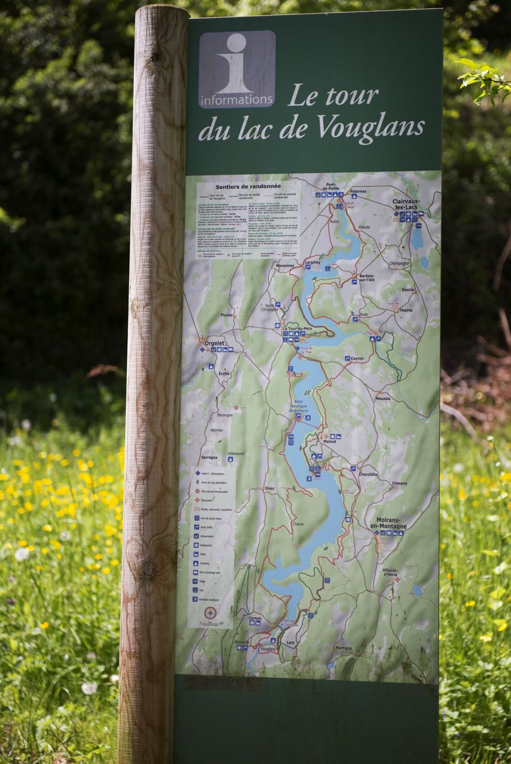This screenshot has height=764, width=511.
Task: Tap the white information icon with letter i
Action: [237, 69]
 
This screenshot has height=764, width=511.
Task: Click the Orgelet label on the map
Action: [215, 343]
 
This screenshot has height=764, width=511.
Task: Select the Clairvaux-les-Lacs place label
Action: [409, 205]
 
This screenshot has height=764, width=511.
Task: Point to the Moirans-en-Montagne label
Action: [388, 523]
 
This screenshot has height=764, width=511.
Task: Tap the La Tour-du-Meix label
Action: [297, 328]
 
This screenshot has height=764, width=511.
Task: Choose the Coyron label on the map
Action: [357, 359]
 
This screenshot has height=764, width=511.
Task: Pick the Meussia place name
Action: [383, 398]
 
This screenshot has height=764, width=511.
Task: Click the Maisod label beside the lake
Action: [330, 442]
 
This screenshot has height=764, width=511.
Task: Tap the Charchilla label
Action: [368, 475]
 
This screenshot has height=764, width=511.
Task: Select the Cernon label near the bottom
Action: [255, 618]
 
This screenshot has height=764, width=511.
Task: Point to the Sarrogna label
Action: [209, 457]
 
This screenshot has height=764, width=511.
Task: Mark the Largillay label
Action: [312, 262]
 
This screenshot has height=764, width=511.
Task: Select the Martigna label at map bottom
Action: [344, 648]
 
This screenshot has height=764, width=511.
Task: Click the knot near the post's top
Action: [155, 57]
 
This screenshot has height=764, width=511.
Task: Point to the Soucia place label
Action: [408, 289]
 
